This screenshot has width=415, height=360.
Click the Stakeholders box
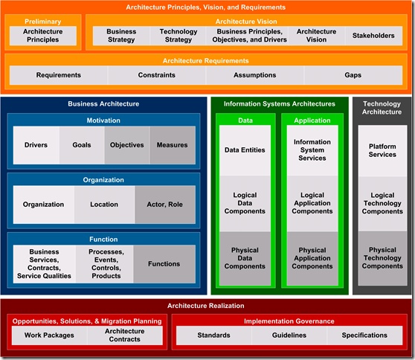pyautogui.click(x=373, y=36)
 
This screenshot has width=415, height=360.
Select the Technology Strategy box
pyautogui.click(x=178, y=36)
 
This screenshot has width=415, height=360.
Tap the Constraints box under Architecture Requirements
pyautogui.click(x=157, y=75)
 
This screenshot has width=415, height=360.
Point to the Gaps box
pyautogui.click(x=353, y=75)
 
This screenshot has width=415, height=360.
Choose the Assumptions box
pyautogui.click(x=255, y=75)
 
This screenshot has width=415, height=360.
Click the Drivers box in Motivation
pyautogui.click(x=36, y=145)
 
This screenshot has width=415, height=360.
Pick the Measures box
pyautogui.click(x=173, y=145)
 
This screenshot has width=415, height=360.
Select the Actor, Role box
pyautogui.click(x=165, y=205)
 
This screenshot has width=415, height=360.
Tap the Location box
pyautogui.click(x=105, y=205)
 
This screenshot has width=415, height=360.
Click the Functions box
pyautogui.click(x=164, y=264)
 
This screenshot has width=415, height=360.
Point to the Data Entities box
pyautogui.click(x=245, y=150)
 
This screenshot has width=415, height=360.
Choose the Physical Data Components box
pyautogui.click(x=245, y=258)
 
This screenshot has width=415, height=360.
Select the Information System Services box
pyautogui.click(x=312, y=150)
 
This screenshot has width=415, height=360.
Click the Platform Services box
pyautogui.click(x=382, y=150)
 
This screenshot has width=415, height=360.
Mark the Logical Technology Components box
pyautogui.click(x=382, y=203)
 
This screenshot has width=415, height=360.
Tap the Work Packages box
pyautogui.click(x=50, y=335)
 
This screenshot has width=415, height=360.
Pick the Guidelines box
pyautogui.click(x=289, y=335)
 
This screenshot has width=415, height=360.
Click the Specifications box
pyautogui.click(x=364, y=335)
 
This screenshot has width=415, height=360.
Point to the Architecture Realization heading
pyautogui.click(x=206, y=306)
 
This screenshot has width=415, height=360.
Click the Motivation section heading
pyautogui.click(x=103, y=120)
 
